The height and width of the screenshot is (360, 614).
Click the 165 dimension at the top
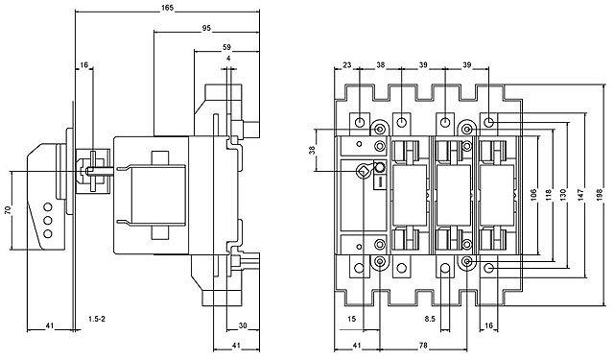167,8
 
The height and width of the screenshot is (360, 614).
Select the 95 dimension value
206,28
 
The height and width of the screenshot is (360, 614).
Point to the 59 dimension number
226,47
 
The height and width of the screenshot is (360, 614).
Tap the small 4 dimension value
228,59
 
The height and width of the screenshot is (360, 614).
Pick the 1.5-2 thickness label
97,319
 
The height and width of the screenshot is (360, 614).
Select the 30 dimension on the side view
243,325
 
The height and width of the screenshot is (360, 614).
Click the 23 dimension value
347,65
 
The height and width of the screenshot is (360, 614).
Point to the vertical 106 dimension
534,195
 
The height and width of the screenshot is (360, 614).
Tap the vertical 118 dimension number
548,195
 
